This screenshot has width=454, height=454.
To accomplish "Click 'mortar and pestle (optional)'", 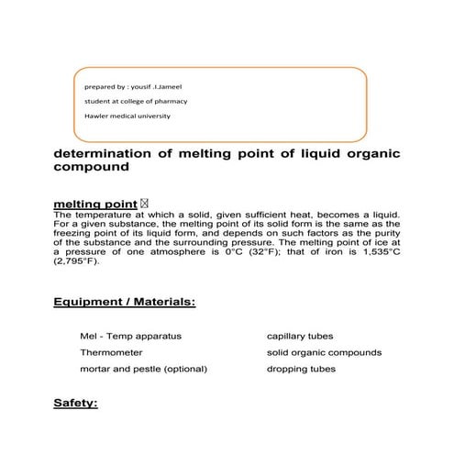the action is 144,369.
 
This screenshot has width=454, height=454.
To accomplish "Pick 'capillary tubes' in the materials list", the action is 298,337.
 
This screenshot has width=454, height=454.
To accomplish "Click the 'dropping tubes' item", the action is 300,369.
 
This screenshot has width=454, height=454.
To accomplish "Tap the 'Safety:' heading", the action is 75,403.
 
